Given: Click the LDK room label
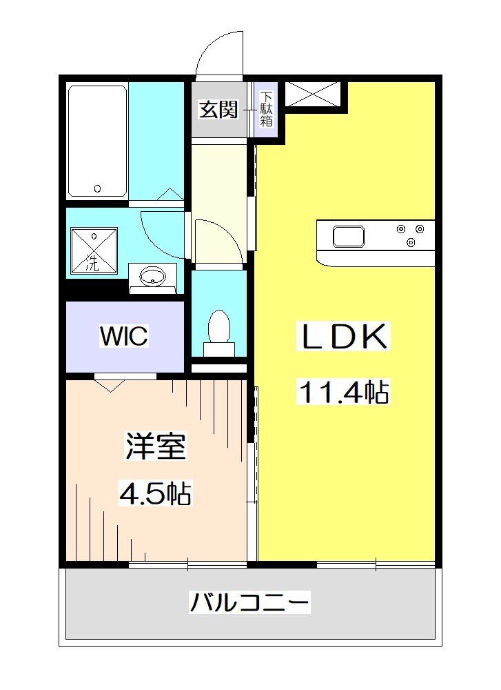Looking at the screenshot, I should [342, 337].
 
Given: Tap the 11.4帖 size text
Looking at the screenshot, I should [342, 393].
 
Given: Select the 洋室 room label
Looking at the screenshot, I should [156, 446].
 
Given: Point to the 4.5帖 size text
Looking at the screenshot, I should [156, 493].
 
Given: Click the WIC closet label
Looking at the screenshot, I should [123, 337].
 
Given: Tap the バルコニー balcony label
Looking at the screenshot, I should [250, 602].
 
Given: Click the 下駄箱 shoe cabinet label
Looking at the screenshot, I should [266, 110].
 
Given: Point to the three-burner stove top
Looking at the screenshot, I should [411, 235].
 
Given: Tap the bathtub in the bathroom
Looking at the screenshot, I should [97, 141].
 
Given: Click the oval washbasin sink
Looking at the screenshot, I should [152, 277].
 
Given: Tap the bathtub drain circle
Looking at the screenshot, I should [97, 188].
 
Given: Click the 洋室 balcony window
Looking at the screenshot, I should [187, 565].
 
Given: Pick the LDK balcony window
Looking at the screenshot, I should [376, 564].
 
